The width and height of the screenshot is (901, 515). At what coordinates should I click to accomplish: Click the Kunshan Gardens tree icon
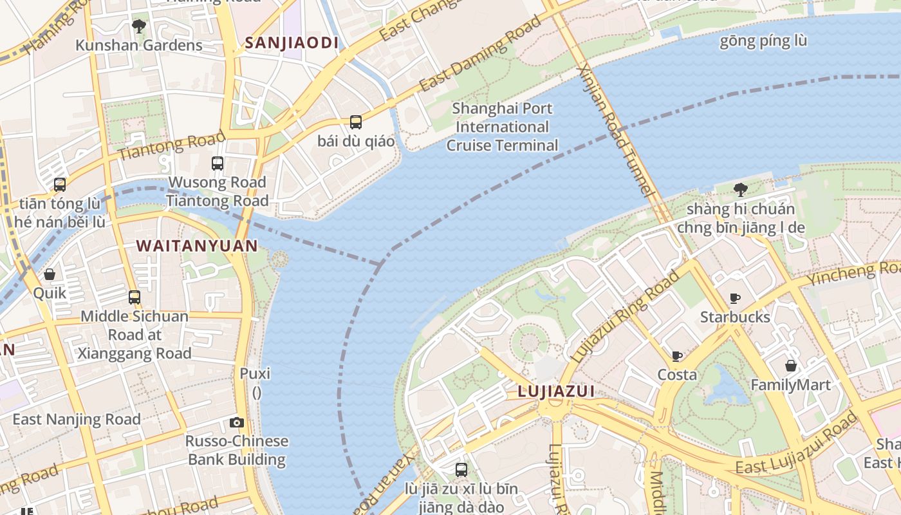point(138,26)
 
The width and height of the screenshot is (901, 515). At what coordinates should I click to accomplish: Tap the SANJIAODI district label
point(292,43)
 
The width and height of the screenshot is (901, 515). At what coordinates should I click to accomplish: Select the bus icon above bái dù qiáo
point(356,122)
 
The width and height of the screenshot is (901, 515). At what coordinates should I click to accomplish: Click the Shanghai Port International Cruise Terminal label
point(502,127)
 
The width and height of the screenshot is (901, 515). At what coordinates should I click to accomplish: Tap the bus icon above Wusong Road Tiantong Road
point(218,164)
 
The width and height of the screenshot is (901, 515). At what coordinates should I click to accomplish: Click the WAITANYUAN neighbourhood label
point(197,246)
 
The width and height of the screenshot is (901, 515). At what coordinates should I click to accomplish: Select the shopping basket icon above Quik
point(50,275)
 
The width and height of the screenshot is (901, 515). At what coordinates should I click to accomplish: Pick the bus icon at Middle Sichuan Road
point(135,297)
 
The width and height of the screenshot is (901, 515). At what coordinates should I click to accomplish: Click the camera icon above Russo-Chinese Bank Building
point(237,422)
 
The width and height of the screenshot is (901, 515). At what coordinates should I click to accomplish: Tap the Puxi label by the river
point(255,374)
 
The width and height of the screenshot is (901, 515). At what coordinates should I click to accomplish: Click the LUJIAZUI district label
point(556,391)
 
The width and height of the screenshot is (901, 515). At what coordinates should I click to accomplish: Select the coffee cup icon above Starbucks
point(734,298)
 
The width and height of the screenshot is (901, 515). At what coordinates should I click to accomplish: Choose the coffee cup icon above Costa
point(676,356)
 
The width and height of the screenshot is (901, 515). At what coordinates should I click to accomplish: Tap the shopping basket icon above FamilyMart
point(791,366)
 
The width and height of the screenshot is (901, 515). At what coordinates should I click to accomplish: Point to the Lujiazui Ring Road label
point(625,315)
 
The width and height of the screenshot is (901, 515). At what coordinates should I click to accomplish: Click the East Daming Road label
point(479,55)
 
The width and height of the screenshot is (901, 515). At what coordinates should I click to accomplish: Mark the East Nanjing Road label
point(77,420)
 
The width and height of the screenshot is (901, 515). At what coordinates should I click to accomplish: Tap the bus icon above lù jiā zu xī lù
point(461,469)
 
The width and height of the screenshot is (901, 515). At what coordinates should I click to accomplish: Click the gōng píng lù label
point(763,41)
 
